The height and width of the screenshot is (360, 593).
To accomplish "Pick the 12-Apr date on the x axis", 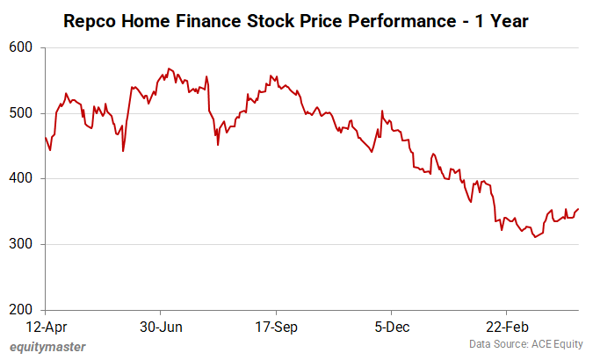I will (x=45, y=328).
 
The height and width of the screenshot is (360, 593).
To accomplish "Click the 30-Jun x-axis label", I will (x=161, y=328).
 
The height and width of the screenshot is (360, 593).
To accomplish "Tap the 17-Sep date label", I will (x=276, y=328).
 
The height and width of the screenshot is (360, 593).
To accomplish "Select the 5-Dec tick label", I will (x=391, y=328).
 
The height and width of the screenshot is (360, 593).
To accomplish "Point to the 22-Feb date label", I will (x=507, y=328).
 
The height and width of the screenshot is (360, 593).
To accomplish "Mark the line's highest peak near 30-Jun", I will (x=169, y=68).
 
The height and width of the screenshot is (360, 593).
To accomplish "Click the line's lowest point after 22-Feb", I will (x=535, y=237).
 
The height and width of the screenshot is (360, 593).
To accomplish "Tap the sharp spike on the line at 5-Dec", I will (x=381, y=111).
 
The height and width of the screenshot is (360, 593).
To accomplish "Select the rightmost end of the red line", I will (x=579, y=209).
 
